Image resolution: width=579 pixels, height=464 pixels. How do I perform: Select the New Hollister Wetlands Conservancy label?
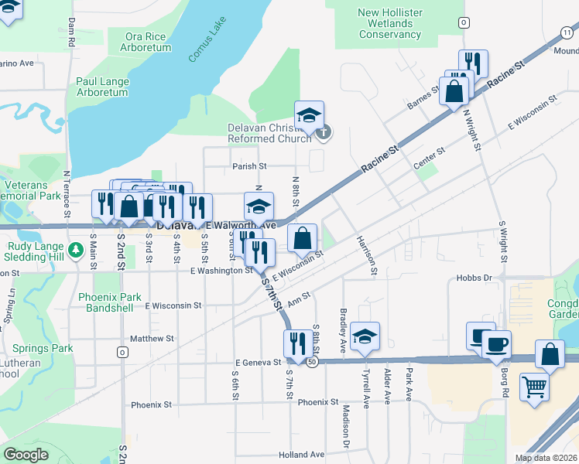click(x=390, y=23)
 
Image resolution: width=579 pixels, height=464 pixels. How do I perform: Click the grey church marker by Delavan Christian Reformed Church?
click(x=324, y=132)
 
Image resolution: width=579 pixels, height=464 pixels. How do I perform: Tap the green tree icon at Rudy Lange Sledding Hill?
click(x=75, y=250)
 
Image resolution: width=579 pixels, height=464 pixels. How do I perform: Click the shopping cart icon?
click(x=534, y=386)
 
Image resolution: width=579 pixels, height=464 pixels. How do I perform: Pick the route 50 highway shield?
click(x=311, y=362)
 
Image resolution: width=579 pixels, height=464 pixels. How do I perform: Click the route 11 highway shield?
click(x=567, y=31)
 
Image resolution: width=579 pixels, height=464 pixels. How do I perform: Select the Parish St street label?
click(x=249, y=165)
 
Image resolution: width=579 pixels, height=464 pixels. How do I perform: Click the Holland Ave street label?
click(x=302, y=455)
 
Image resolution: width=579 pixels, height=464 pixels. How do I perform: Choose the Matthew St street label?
click(x=152, y=339)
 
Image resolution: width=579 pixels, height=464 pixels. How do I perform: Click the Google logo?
click(x=26, y=455)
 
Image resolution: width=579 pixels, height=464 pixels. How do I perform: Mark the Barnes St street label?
click(x=425, y=95)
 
